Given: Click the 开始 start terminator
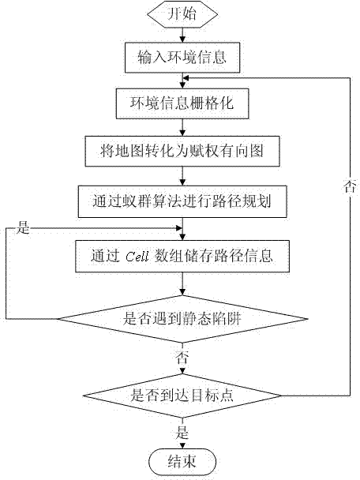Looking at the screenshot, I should click(183, 14).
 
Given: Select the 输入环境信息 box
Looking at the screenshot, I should click(183, 57).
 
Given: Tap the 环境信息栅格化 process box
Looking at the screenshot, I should click(183, 103).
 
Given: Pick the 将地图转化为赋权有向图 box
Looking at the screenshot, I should click(183, 148).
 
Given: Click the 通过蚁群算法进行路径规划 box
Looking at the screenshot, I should click(183, 201).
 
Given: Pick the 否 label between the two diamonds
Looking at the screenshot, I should click(183, 356).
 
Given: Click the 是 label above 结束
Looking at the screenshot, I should click(183, 432).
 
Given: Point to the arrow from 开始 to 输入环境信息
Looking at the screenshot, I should click(183, 35).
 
